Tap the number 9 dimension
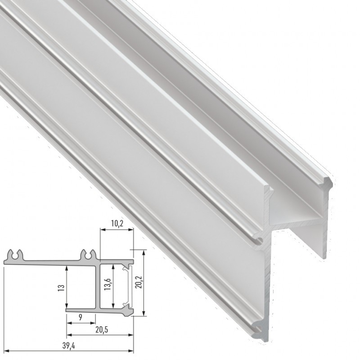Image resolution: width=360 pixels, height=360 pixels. tap(80, 317)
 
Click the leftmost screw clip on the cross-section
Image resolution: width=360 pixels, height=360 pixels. tap(17, 255)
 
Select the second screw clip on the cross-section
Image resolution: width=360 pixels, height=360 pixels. tap(88, 255)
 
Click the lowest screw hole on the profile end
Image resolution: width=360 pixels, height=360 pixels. tap(262, 331)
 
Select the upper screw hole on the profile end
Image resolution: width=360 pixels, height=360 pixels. tap(260, 239)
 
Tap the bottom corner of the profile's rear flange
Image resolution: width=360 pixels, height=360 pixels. tap(325, 256)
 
